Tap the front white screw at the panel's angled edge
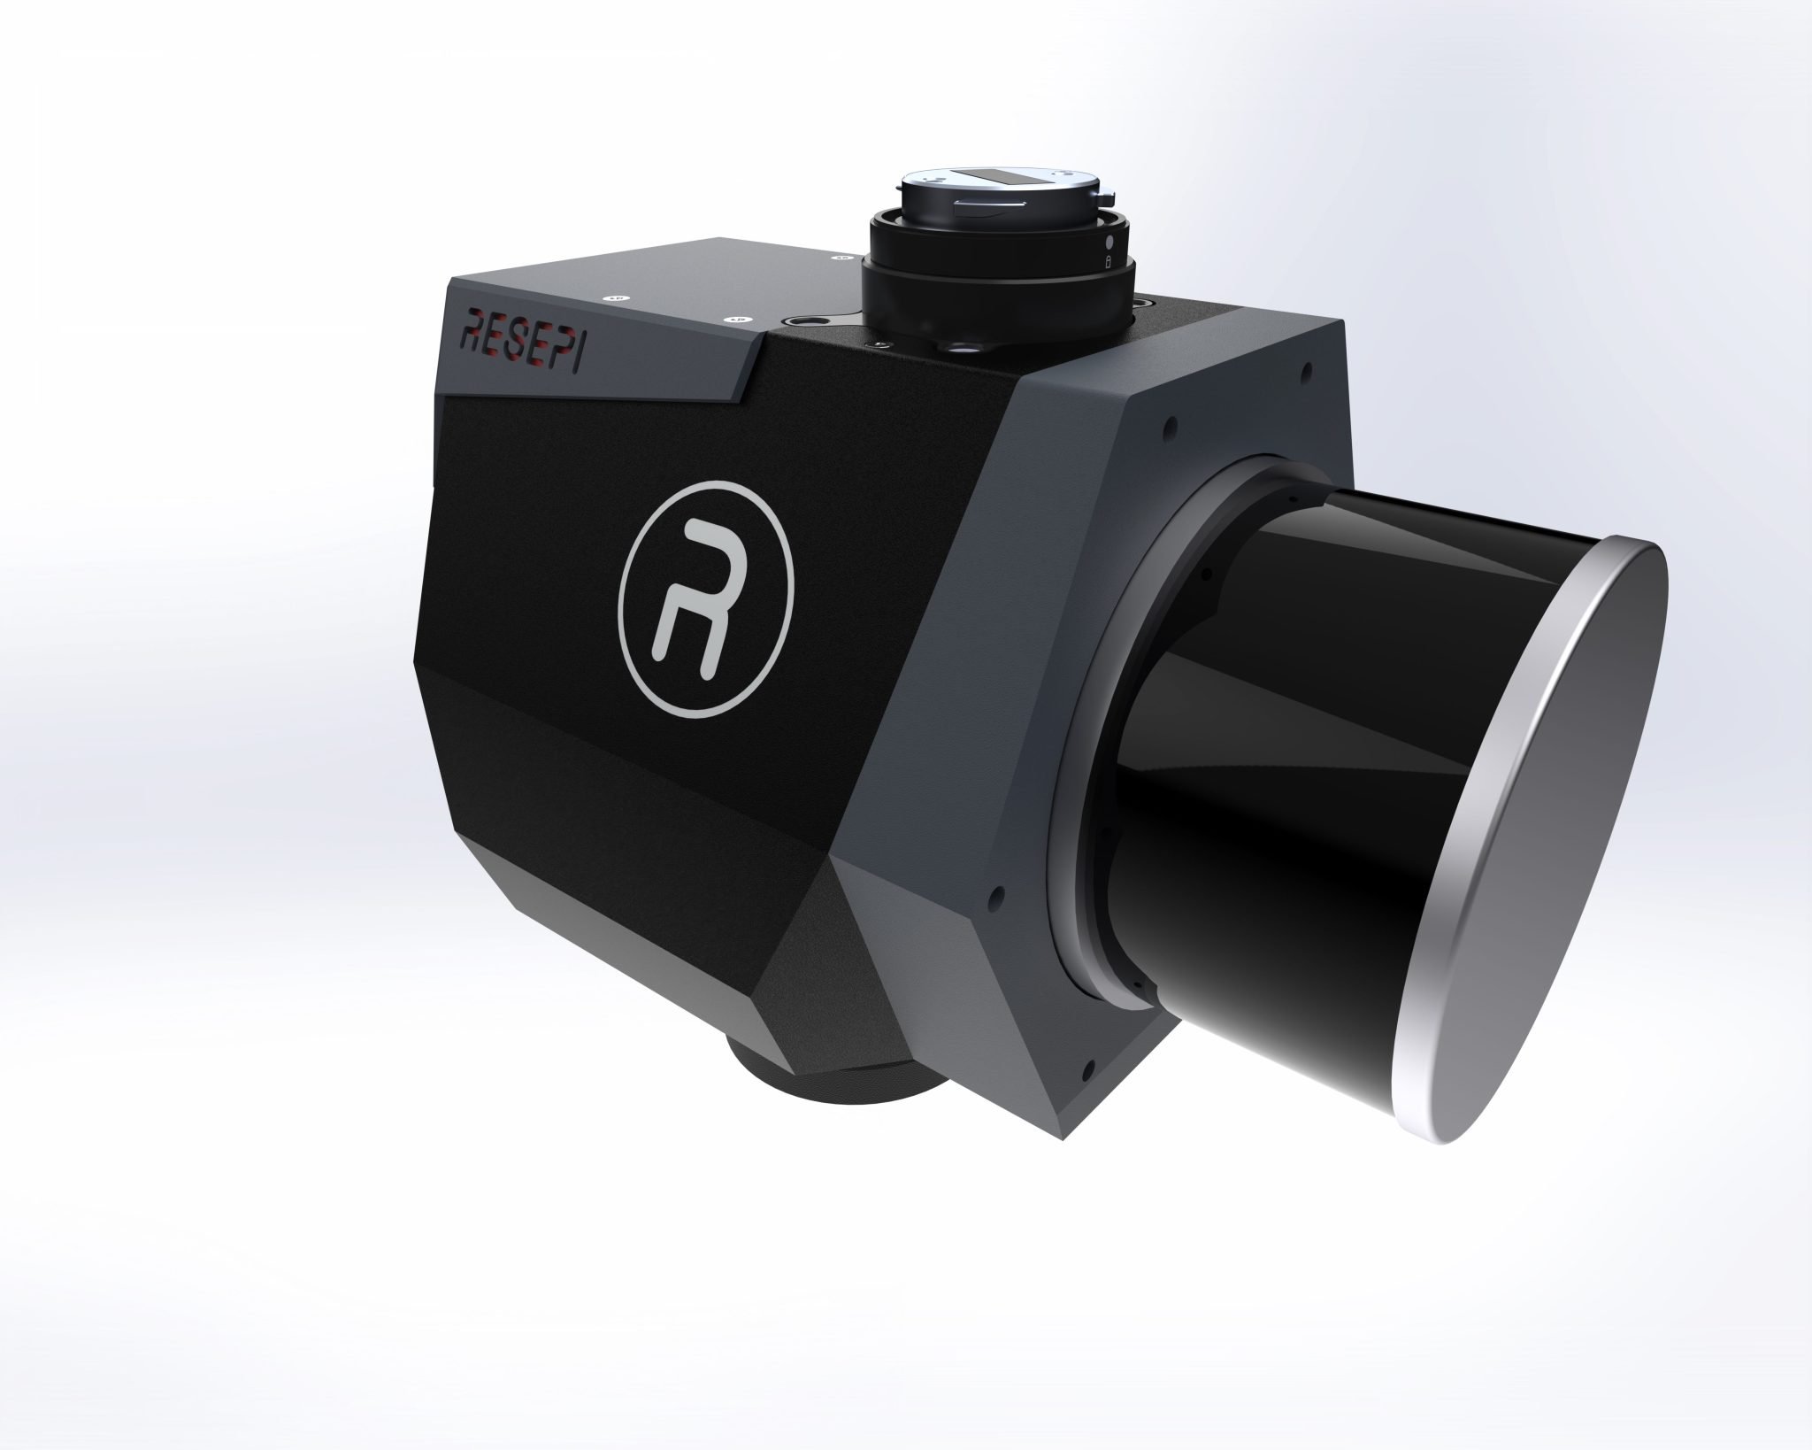[x=736, y=320]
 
